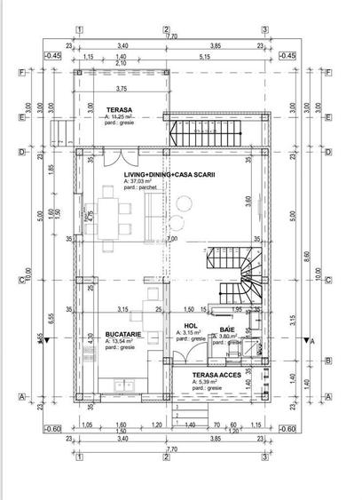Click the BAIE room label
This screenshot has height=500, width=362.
pos(227,329)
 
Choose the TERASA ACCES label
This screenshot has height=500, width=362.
pos(216,375)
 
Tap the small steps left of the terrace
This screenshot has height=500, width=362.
pos(59,133)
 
